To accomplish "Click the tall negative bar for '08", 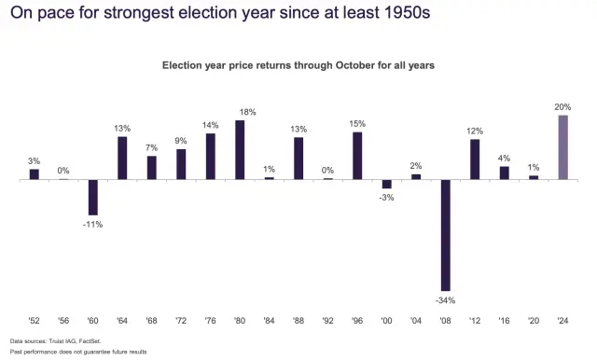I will point(446,234).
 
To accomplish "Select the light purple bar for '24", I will point(563,146).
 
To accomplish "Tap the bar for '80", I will point(241,149).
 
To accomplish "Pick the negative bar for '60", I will point(93,197).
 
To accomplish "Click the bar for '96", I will point(357,155).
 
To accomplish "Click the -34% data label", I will point(446,298).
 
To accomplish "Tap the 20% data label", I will point(563,106).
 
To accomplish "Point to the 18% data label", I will point(241,112).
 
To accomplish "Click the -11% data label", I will point(93,224).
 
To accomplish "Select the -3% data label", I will point(387,198).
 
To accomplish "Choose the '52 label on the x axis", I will point(35,320).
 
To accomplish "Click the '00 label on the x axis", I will point(387,320).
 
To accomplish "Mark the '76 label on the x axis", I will point(211,320).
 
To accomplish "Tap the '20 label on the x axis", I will point(534,320).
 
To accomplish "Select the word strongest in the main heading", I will point(146,15).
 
